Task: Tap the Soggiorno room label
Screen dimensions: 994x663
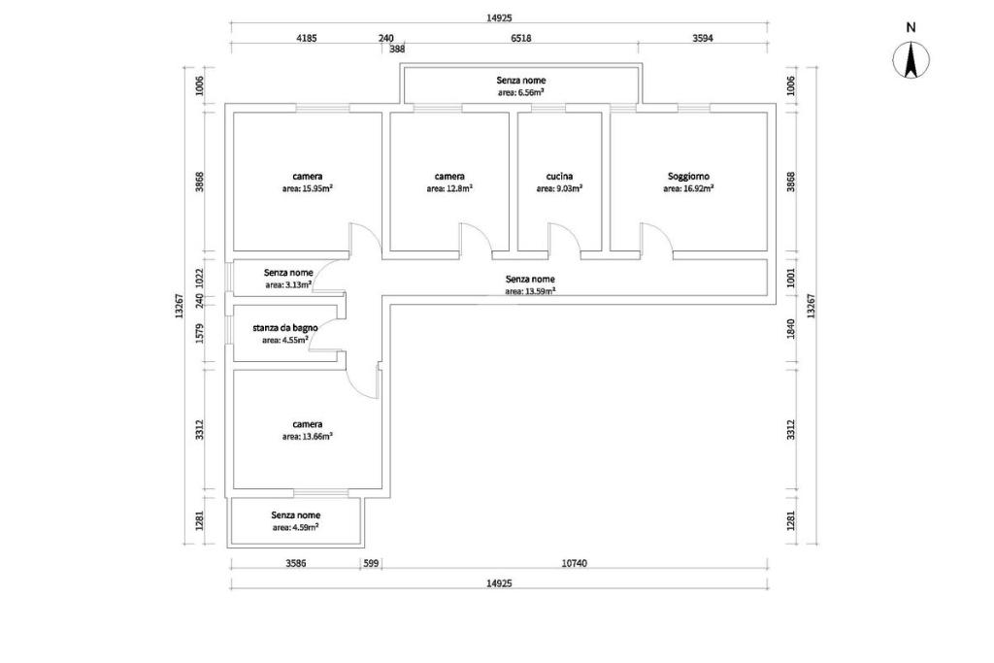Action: click(688, 177)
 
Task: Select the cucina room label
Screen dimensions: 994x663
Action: click(560, 177)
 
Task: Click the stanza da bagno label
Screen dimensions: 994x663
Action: click(285, 328)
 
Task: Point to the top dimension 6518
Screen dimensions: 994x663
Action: click(521, 38)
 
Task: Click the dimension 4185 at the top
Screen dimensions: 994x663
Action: click(307, 38)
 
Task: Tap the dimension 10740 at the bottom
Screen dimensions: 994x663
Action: click(575, 563)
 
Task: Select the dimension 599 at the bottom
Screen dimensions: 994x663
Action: click(371, 563)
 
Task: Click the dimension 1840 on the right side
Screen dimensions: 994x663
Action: click(790, 329)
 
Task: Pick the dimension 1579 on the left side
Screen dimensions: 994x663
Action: click(199, 333)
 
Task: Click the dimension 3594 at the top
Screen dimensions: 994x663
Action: click(703, 38)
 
